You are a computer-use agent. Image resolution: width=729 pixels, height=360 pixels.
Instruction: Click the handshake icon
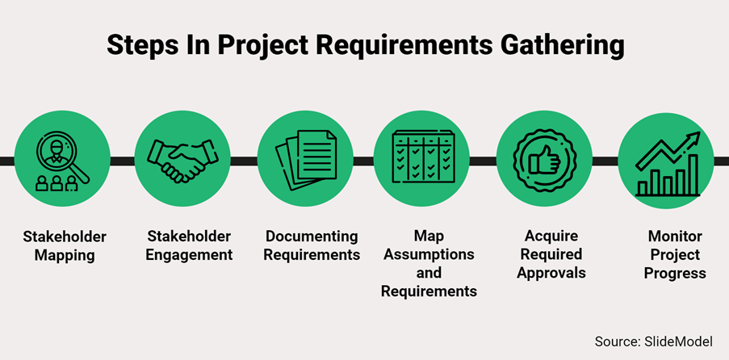coord(182,160)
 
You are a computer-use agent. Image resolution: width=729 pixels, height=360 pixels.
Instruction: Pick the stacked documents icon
coord(305,160)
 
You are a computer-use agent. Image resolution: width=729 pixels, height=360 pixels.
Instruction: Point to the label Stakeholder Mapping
coord(65,245)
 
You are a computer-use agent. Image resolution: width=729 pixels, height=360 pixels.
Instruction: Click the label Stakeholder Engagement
coord(189,245)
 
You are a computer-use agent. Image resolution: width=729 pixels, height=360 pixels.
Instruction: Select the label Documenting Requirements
coord(312,245)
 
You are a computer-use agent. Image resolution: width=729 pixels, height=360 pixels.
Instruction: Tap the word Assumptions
coord(429,254)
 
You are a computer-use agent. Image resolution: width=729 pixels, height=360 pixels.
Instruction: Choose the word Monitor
coord(675,237)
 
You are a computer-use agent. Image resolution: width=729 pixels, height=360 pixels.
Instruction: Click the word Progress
coord(675,273)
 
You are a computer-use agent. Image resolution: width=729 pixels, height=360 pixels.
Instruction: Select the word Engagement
coord(189,254)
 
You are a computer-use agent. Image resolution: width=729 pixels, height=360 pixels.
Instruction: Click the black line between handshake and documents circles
coord(244,161)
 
